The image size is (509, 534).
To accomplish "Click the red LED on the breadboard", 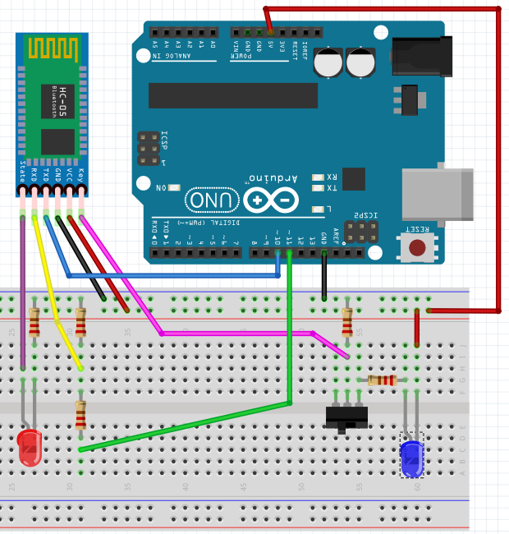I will [29, 448].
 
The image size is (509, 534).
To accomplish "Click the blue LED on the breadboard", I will [411, 457].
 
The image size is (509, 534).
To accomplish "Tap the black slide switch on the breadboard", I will [345, 417].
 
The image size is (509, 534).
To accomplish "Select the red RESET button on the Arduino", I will [418, 246].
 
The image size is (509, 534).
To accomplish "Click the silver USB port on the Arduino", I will [438, 194].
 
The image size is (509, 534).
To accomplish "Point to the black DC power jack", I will [421, 58].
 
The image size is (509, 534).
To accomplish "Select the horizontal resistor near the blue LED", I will [383, 380].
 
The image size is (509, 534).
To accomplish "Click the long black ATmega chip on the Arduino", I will [233, 95].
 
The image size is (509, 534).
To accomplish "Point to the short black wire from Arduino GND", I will [324, 275].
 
